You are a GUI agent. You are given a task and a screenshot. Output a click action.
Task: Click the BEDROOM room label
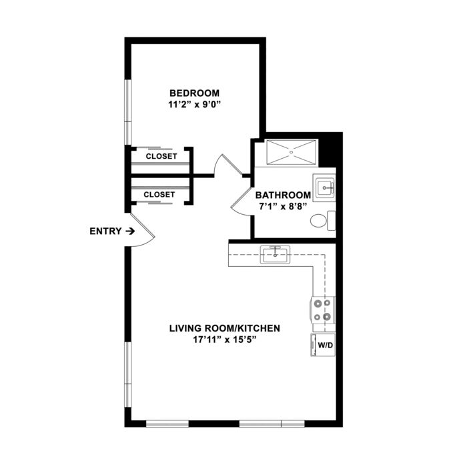[x=195, y=93]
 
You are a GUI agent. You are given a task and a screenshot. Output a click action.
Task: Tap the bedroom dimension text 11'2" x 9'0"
[x=195, y=105]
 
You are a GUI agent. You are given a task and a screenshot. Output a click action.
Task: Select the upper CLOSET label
[x=161, y=156]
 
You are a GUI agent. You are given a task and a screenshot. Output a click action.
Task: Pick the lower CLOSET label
[x=159, y=195]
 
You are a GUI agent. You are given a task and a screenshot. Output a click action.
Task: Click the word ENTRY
[x=105, y=231]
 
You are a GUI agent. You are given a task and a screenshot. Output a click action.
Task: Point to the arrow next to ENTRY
[x=130, y=231]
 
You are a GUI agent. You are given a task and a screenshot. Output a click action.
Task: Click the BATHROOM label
[x=284, y=195]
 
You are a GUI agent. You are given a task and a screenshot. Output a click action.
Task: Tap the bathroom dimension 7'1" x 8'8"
[x=283, y=206]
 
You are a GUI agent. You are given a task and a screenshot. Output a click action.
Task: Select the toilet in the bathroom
[x=323, y=220]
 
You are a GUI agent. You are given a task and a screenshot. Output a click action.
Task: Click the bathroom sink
[x=324, y=187]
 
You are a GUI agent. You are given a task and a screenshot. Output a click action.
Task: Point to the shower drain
[x=292, y=152]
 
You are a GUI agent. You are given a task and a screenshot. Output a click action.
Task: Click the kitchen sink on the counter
[x=275, y=254]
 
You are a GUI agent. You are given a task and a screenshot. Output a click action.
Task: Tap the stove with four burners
[x=323, y=310]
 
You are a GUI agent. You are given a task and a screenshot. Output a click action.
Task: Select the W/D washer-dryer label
[x=326, y=345]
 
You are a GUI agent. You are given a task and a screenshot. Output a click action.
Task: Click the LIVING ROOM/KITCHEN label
[x=225, y=328]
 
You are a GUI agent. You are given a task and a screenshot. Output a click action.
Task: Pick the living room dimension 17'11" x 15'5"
[x=225, y=340]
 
